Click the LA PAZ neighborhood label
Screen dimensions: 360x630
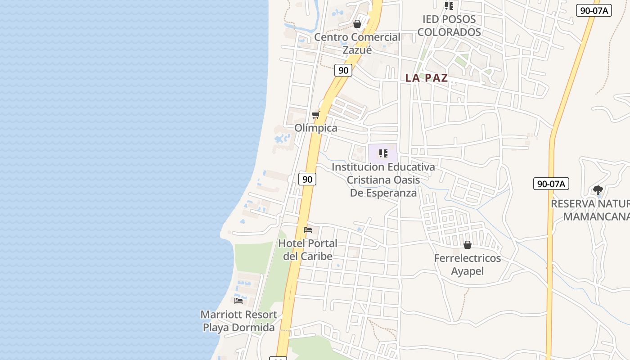pyautogui.click(x=426, y=78)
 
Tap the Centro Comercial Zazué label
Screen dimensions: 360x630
pyautogui.click(x=357, y=43)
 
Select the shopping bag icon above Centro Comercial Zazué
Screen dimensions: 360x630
pyautogui.click(x=357, y=23)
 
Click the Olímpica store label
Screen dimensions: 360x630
pyautogui.click(x=316, y=128)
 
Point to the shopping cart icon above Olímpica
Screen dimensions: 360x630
pyautogui.click(x=316, y=115)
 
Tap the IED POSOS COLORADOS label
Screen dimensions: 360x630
pyautogui.click(x=449, y=26)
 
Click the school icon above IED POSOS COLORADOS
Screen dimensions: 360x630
pyautogui.click(x=449, y=6)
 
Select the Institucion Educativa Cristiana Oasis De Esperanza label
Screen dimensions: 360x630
pyautogui.click(x=383, y=180)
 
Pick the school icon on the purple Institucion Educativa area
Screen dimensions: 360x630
pyautogui.click(x=383, y=153)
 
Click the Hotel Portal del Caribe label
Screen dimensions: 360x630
pyautogui.click(x=308, y=250)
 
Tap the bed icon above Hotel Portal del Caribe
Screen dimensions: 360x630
pyautogui.click(x=308, y=230)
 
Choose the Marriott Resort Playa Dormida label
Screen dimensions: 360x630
pyautogui.click(x=238, y=321)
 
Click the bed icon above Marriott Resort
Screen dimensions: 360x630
pyautogui.click(x=238, y=301)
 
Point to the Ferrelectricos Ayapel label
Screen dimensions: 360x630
pyautogui.click(x=468, y=265)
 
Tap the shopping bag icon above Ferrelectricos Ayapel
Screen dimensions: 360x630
pyautogui.click(x=468, y=245)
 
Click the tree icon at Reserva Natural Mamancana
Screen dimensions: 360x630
pyautogui.click(x=598, y=190)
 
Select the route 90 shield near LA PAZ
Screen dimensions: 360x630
pyautogui.click(x=343, y=70)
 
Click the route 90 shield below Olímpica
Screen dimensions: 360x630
pyautogui.click(x=307, y=179)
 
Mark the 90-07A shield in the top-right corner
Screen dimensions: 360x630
pyautogui.click(x=594, y=10)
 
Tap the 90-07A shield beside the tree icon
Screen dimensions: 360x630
pyautogui.click(x=551, y=184)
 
